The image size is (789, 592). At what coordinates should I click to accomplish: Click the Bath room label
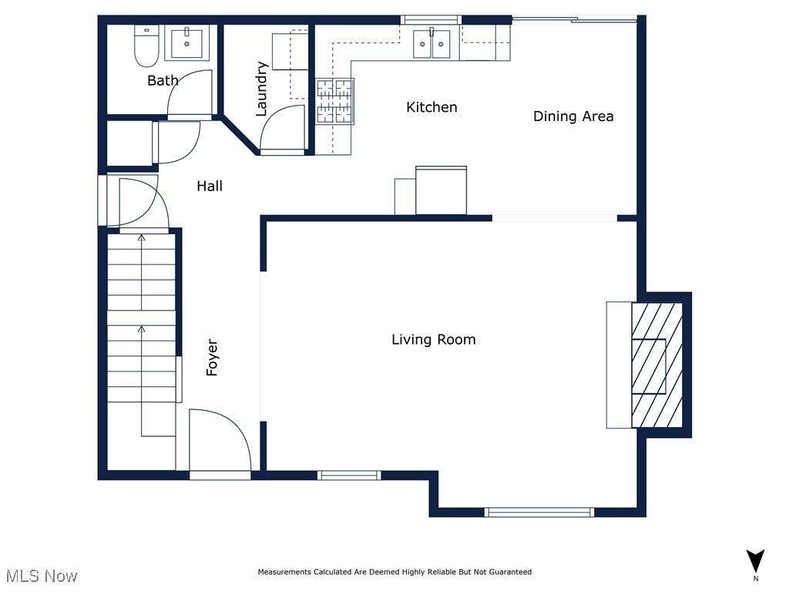tap(163, 80)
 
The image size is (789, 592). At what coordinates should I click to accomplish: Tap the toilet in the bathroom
tap(146, 45)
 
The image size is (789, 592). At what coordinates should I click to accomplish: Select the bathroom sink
tap(186, 43)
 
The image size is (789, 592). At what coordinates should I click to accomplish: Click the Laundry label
tap(261, 89)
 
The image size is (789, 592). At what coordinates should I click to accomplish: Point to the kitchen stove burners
tap(334, 101)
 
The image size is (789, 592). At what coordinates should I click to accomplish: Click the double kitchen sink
tap(431, 43)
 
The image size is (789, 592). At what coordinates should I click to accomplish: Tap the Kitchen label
tap(431, 107)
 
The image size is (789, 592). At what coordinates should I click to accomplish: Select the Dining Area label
tap(573, 116)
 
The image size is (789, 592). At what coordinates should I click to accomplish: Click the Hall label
tap(210, 187)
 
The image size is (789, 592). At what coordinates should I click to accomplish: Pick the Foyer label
tap(213, 358)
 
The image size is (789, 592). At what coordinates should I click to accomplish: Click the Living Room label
tap(433, 340)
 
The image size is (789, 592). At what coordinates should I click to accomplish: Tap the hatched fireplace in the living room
tap(657, 365)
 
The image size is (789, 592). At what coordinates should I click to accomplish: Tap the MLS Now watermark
tap(42, 576)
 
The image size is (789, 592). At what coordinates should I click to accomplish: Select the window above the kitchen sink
tap(431, 20)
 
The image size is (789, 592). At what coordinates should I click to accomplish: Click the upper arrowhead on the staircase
tap(142, 237)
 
